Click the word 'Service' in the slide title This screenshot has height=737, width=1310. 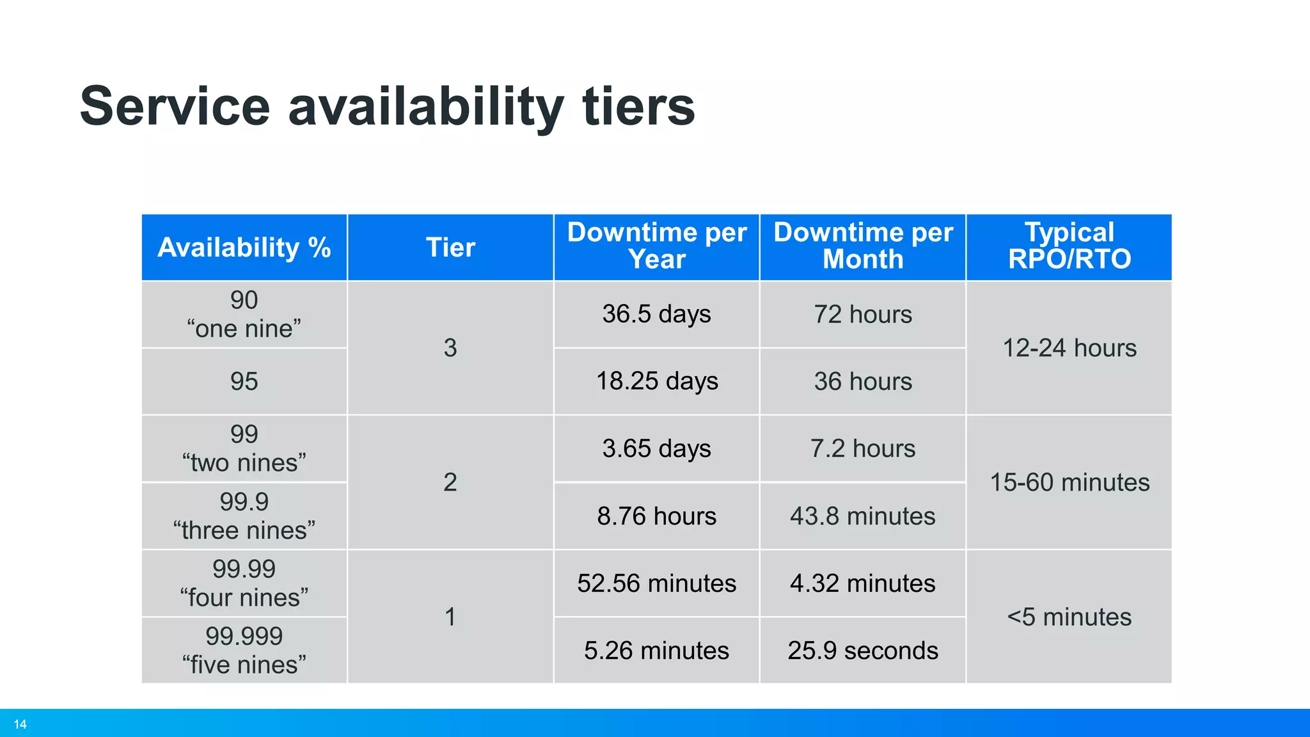tap(175, 106)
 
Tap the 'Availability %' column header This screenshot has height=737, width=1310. tap(244, 248)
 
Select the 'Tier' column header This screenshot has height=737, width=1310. tap(450, 248)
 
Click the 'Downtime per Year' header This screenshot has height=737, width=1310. tap(656, 246)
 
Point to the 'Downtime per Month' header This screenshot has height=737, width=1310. tap(863, 246)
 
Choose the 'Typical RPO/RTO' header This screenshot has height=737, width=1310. tap(1069, 246)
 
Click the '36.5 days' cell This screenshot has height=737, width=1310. tap(656, 314)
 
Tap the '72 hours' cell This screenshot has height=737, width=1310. tap(863, 315)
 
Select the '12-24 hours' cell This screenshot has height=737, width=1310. tap(1069, 348)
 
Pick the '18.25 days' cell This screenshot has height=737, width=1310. tap(657, 381)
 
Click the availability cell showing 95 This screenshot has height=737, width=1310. tap(244, 381)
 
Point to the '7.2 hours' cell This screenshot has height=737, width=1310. tap(863, 448)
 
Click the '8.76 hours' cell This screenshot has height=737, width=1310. tap(656, 516)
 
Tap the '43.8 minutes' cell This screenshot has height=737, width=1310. tap(863, 516)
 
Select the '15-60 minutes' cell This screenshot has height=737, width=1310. tap(1069, 482)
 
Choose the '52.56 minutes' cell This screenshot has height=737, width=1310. tap(656, 583)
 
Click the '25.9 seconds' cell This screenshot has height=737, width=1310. tap(863, 651)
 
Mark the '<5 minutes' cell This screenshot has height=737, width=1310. tap(1069, 617)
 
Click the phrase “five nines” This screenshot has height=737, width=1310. tap(244, 665)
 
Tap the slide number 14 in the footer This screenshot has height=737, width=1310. tap(20, 724)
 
